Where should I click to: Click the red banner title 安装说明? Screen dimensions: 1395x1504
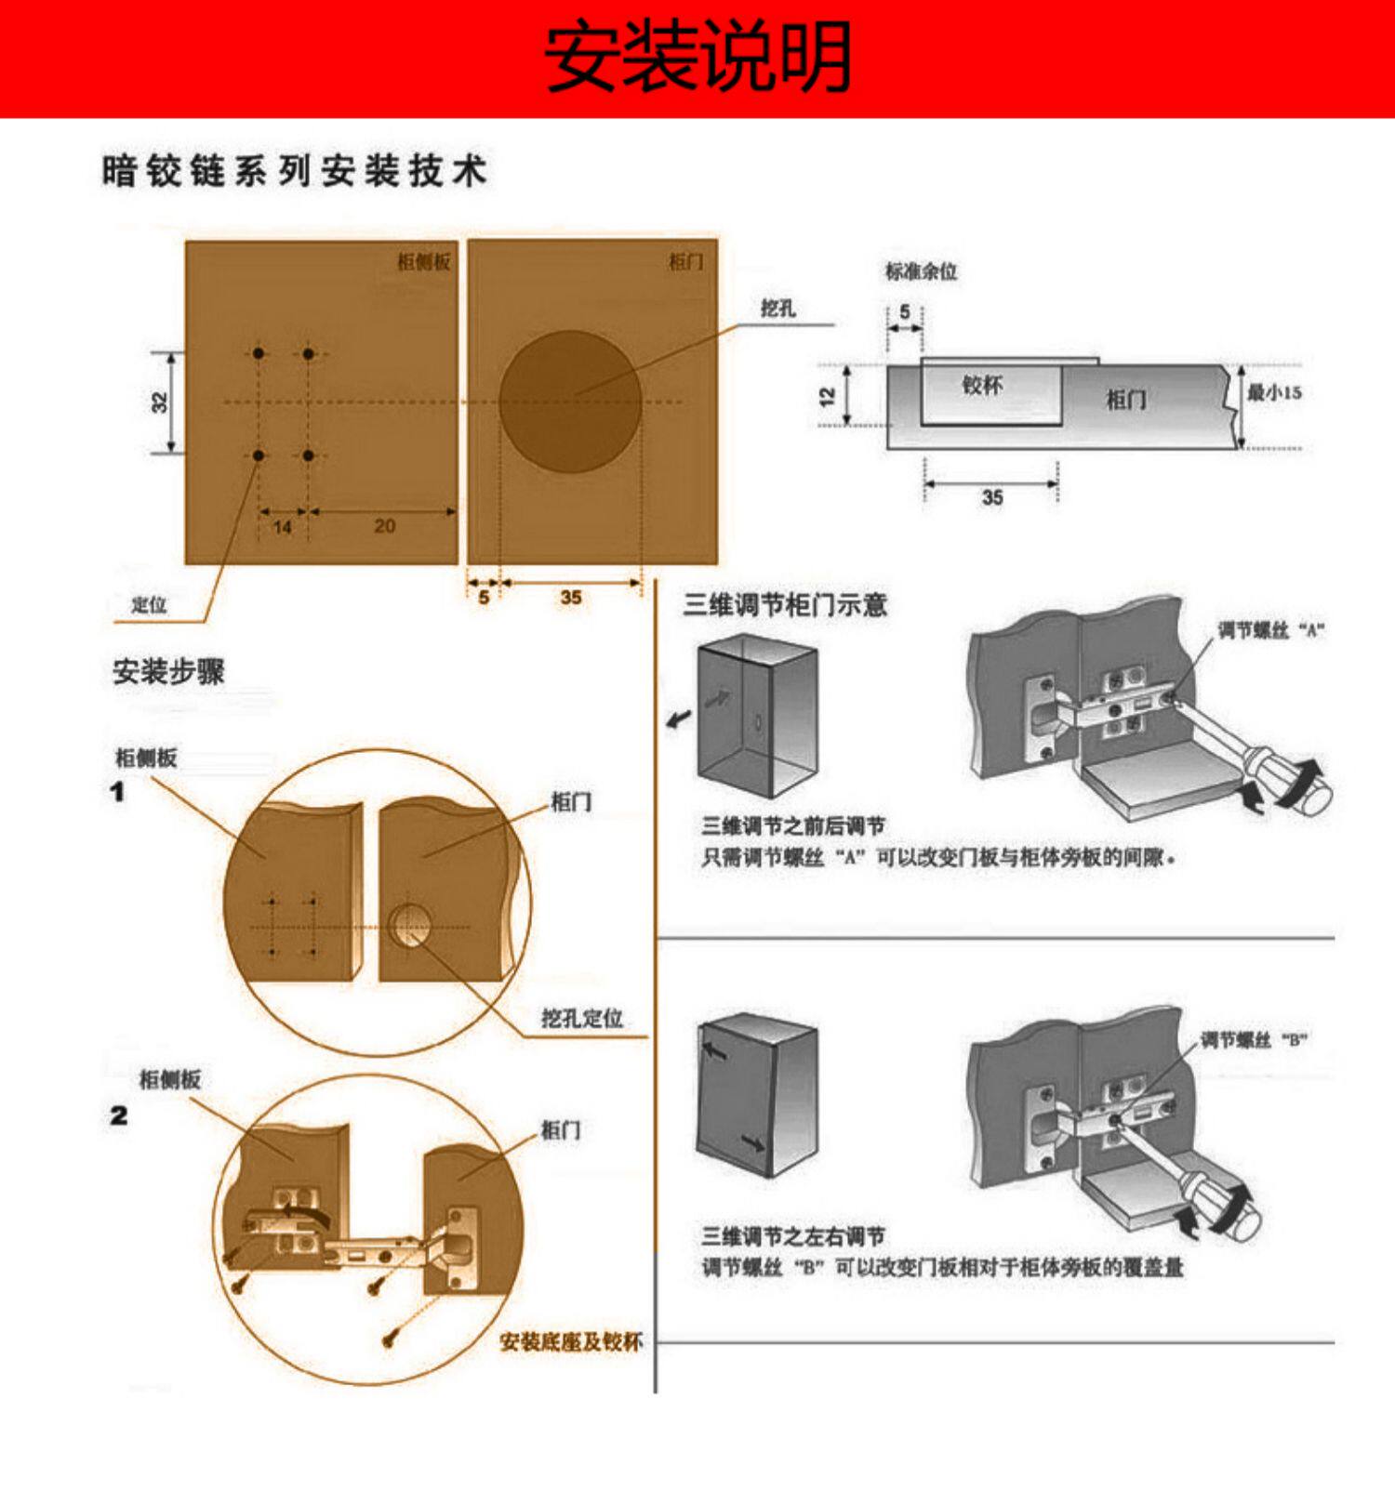click(x=697, y=58)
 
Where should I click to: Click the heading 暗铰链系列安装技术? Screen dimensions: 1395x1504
click(x=294, y=171)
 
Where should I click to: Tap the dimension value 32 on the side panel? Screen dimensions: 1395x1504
click(x=160, y=402)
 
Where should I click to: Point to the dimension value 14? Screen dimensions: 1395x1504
click(x=283, y=527)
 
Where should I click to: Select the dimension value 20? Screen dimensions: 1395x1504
click(x=384, y=526)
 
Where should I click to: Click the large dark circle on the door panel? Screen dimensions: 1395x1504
click(x=570, y=402)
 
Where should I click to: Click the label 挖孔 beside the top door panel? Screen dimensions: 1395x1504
click(x=777, y=309)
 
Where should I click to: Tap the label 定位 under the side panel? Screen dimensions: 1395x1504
click(x=149, y=605)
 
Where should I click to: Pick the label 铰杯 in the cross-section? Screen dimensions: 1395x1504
click(x=982, y=385)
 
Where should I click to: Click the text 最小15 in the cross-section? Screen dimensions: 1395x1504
click(x=1274, y=392)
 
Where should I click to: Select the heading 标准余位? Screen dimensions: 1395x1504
click(x=921, y=271)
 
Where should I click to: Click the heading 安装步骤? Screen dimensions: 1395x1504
click(x=168, y=671)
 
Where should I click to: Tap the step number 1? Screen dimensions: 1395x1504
click(x=117, y=792)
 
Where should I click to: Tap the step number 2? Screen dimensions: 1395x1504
click(x=118, y=1115)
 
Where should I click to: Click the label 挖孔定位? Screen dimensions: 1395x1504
click(x=582, y=1019)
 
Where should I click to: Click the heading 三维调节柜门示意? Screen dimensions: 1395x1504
click(x=785, y=606)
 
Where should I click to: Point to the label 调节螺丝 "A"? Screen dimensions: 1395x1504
click(x=1270, y=631)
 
